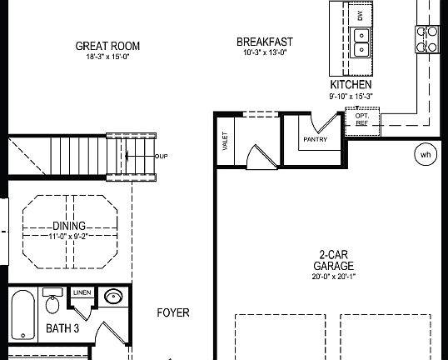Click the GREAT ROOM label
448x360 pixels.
(x=107, y=46)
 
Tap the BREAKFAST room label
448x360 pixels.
(x=265, y=42)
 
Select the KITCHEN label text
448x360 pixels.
(x=351, y=85)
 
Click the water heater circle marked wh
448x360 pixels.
(x=426, y=154)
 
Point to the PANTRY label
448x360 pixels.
(x=315, y=139)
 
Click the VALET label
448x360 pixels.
(x=225, y=141)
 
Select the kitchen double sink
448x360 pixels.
(x=361, y=42)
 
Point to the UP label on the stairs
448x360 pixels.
(x=162, y=156)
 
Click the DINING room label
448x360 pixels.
(x=69, y=226)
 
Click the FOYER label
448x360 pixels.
(x=173, y=313)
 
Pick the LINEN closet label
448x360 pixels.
(x=82, y=292)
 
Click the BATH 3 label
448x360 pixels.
(x=62, y=328)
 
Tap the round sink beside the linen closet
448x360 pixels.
(x=112, y=297)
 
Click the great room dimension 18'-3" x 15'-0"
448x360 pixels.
(x=107, y=57)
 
